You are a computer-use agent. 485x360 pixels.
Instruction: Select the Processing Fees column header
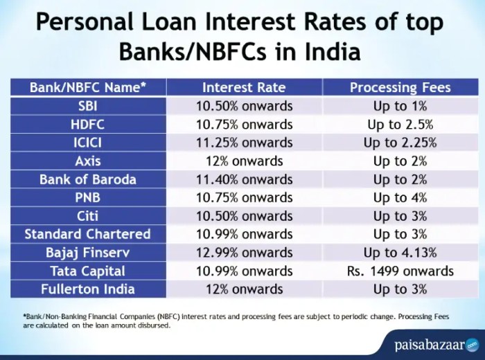click(400, 88)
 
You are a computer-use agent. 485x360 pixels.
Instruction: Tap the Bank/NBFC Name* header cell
click(87, 88)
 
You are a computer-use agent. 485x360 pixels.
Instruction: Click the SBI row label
click(87, 106)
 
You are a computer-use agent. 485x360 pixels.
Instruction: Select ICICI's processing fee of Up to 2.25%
click(400, 143)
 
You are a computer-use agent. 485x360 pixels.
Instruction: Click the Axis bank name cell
click(87, 161)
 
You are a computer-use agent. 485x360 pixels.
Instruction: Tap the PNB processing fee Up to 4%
click(400, 197)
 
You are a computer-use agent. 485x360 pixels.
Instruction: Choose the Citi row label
click(87, 215)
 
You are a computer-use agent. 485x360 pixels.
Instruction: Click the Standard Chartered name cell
click(87, 234)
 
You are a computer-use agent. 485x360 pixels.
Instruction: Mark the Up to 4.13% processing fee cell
click(400, 252)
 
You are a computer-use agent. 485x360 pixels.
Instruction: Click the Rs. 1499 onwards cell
click(400, 270)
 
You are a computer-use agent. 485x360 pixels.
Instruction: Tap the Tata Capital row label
click(87, 270)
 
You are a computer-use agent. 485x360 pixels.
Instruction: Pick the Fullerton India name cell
click(87, 289)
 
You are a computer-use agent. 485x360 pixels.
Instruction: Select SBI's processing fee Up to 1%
click(400, 106)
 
